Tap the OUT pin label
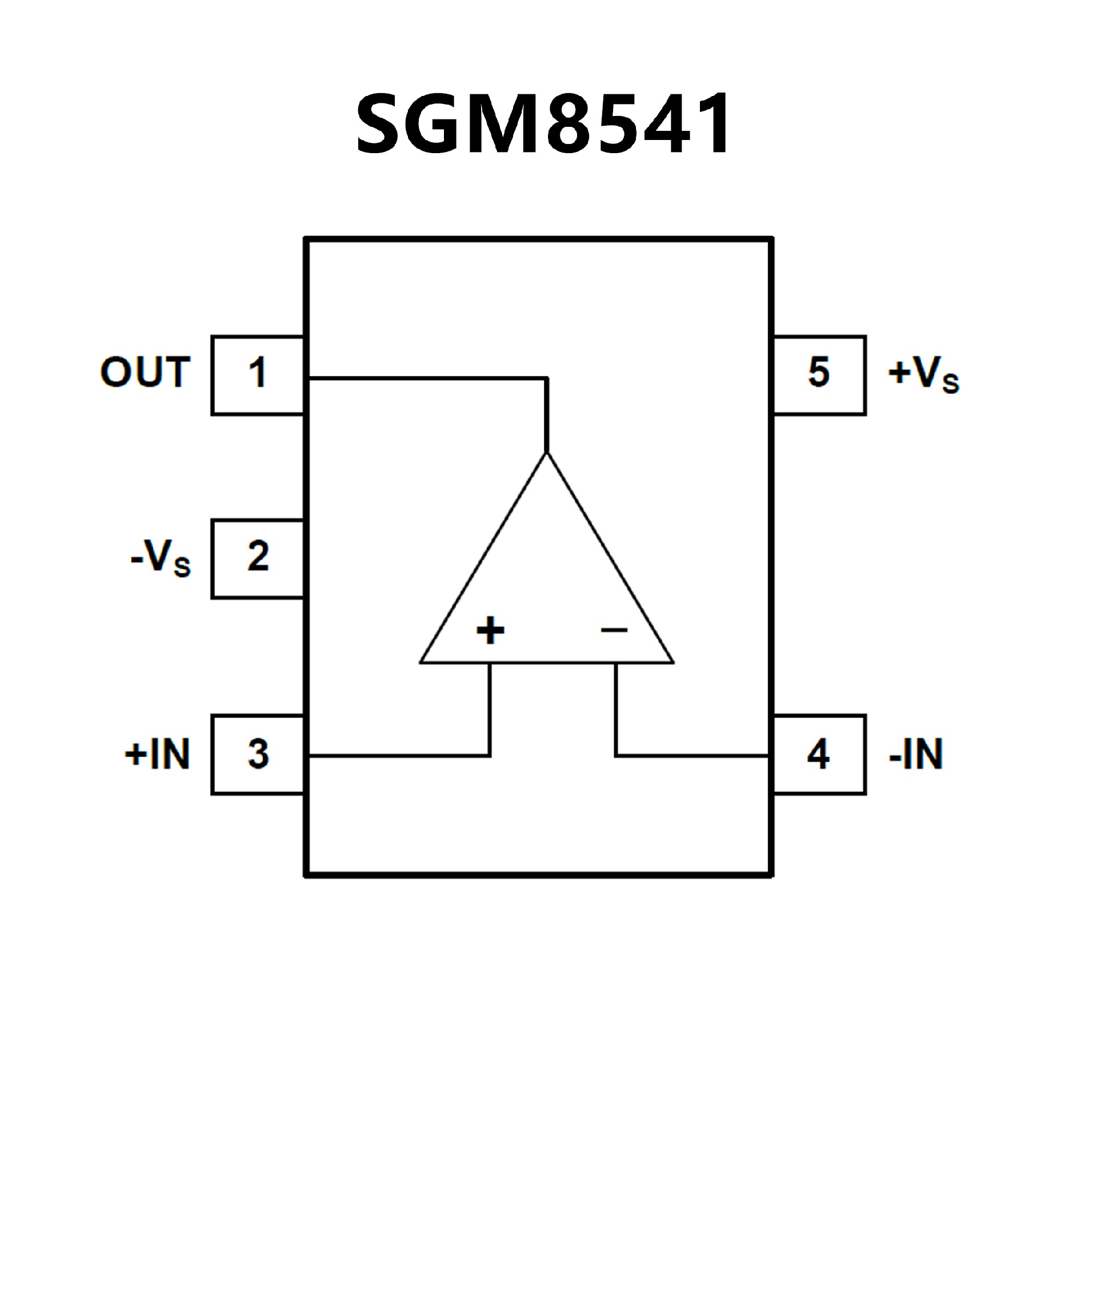point(145,372)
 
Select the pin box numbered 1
point(258,375)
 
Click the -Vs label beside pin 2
point(161,557)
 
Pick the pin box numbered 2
point(258,558)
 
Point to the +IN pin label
point(157,754)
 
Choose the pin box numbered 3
point(258,754)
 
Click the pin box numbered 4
point(819,754)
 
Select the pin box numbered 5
point(819,375)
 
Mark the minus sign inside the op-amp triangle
point(614,630)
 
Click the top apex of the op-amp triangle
point(547,454)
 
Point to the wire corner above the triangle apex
point(547,378)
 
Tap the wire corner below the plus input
point(490,755)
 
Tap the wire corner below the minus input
point(616,755)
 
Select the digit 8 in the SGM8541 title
point(568,123)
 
